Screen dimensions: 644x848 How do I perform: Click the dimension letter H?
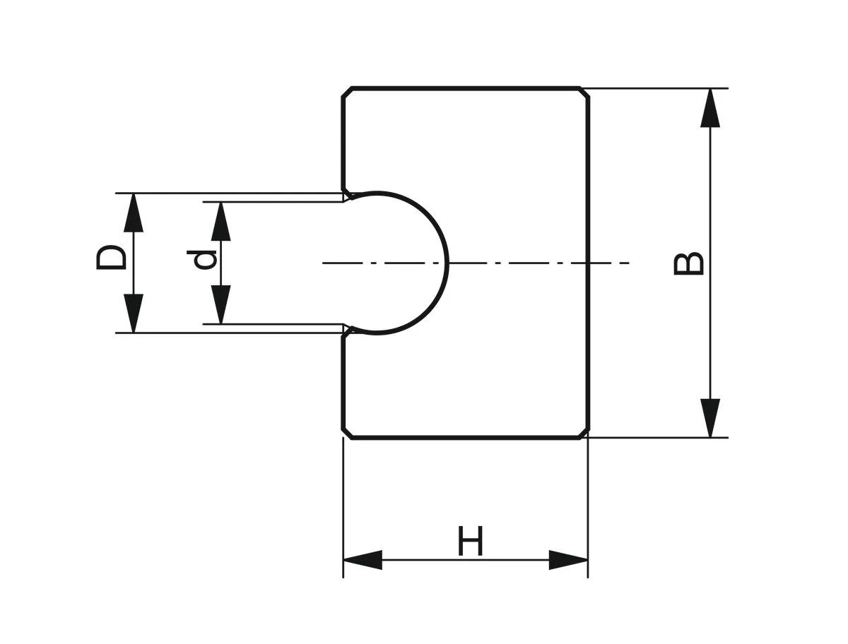pos(471,541)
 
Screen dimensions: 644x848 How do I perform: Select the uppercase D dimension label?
pos(112,258)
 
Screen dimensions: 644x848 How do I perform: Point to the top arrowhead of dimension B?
pos(710,107)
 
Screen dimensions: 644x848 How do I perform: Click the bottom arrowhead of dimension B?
pos(710,418)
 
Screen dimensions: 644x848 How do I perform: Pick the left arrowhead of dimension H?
pos(362,560)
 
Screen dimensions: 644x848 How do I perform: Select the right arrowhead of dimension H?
pos(569,560)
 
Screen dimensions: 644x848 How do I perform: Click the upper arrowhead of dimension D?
pos(134,212)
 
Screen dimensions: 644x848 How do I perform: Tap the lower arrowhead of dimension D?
pos(134,314)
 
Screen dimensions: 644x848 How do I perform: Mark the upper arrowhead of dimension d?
pos(221,220)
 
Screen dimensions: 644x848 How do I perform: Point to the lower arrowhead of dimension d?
pos(221,305)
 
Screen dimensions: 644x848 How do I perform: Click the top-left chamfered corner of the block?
pos(347,93)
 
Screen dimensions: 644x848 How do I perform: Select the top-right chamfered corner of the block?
pos(584,93)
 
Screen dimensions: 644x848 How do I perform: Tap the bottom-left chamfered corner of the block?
pos(347,433)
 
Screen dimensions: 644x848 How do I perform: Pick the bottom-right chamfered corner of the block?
pos(584,433)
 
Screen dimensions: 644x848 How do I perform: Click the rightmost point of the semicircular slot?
pos(448,263)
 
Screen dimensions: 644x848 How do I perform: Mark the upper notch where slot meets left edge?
pos(347,193)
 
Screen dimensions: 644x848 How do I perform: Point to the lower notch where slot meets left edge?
pos(347,330)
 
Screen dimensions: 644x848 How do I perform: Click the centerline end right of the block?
pos(628,263)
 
